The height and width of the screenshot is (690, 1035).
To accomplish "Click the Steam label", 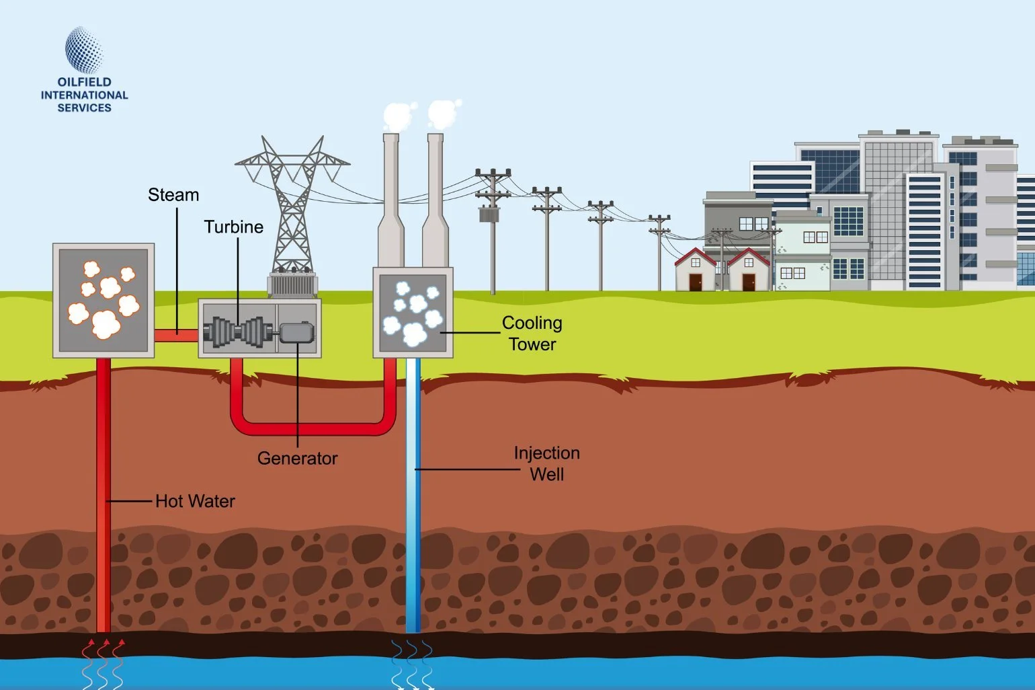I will (x=173, y=195).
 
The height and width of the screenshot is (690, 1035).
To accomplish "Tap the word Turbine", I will (x=233, y=227).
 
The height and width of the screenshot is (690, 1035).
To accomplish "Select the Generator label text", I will (x=297, y=459).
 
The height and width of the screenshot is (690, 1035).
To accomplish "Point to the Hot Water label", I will (x=195, y=501).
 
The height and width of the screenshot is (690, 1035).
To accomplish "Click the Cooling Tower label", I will (x=532, y=334).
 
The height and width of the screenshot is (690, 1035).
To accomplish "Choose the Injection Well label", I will (x=546, y=463).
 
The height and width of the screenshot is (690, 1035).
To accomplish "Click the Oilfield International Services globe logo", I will (x=84, y=50).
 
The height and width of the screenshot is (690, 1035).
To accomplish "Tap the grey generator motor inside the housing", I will (x=296, y=332).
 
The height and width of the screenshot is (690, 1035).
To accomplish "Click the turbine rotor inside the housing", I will (x=239, y=332).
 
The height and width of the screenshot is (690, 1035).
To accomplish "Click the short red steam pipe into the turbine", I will (x=176, y=335).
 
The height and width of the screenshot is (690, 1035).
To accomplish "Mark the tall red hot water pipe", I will (x=103, y=498).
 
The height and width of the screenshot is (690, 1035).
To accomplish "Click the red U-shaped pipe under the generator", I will (x=313, y=428).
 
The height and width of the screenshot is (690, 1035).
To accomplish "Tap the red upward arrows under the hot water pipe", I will (x=103, y=649).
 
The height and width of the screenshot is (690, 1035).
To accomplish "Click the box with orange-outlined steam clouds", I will (x=103, y=300).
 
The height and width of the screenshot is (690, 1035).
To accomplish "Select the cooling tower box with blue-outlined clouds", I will (x=413, y=313).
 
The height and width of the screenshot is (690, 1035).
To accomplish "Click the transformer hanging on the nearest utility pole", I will (x=488, y=215).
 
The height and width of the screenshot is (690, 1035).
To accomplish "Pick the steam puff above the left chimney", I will (x=397, y=116).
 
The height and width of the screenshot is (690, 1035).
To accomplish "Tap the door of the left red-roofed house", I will (x=695, y=282).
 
